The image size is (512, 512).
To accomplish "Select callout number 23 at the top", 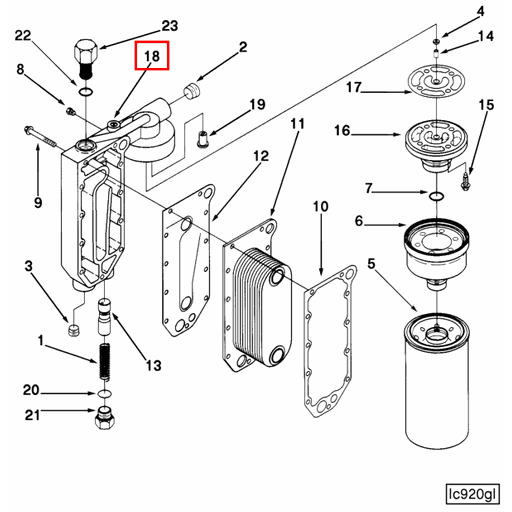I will pyautogui.click(x=170, y=25).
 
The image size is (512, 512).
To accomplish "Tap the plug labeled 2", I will pyautogui.click(x=189, y=93).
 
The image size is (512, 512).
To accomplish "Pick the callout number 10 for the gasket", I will pyautogui.click(x=320, y=207).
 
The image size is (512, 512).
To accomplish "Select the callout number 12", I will pyautogui.click(x=260, y=155).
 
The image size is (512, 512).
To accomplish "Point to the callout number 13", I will pyautogui.click(x=152, y=366).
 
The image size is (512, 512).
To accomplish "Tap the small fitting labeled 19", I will pyautogui.click(x=204, y=135).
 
